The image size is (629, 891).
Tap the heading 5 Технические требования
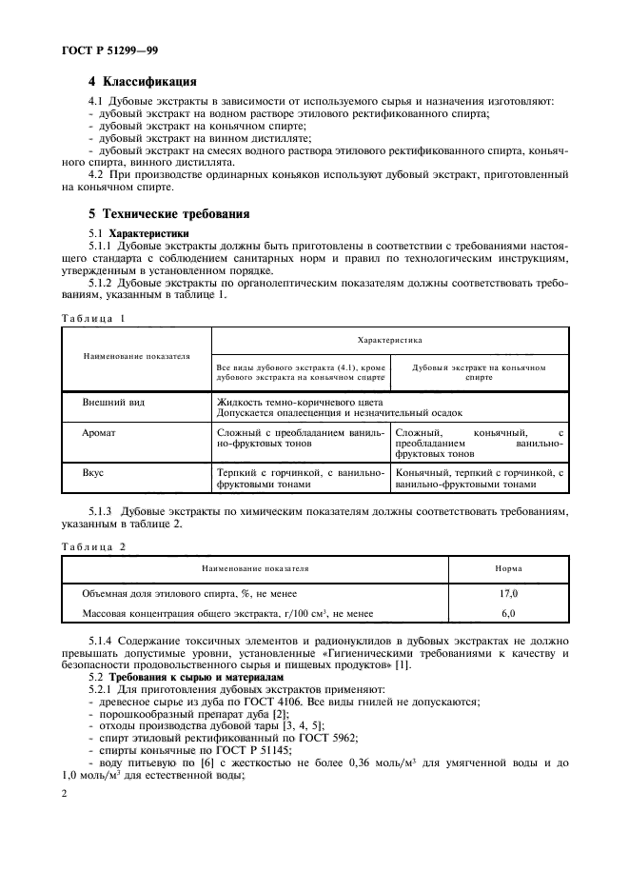click(164, 213)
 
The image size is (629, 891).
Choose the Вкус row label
click(94, 471)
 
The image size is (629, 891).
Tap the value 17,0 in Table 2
click(508, 593)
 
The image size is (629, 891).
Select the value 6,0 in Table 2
click(508, 614)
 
